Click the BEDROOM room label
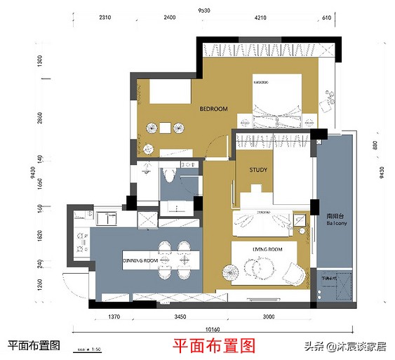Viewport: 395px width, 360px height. point(213,109)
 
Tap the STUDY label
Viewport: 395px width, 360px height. point(258,169)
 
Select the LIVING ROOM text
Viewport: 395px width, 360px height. point(267,249)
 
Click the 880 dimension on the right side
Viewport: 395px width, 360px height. point(376,146)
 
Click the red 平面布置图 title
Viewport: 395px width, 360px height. point(215,345)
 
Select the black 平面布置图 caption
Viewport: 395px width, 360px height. point(34,345)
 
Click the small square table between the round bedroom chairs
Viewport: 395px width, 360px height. point(166,127)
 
